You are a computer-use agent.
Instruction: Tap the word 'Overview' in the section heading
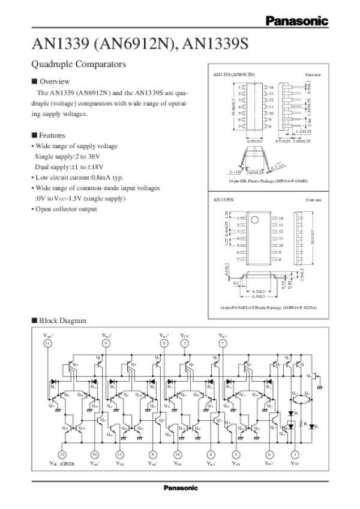pos(55,81)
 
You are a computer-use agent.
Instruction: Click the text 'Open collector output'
pos(66,209)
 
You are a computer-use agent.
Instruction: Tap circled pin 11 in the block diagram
pos(47,343)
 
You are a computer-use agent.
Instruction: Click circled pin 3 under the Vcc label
pos(184,343)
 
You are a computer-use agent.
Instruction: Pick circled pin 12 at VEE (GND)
pos(62,454)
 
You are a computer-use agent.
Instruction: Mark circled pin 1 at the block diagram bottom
pos(294,454)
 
